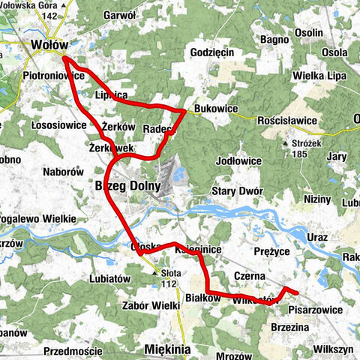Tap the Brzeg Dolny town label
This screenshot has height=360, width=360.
[x=127, y=185]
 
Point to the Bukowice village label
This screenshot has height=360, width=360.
[x=215, y=109]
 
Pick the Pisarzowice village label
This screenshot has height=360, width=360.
[x=315, y=309]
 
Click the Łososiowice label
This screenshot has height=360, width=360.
[x=59, y=124]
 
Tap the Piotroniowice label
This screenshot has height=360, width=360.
[x=56, y=76]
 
